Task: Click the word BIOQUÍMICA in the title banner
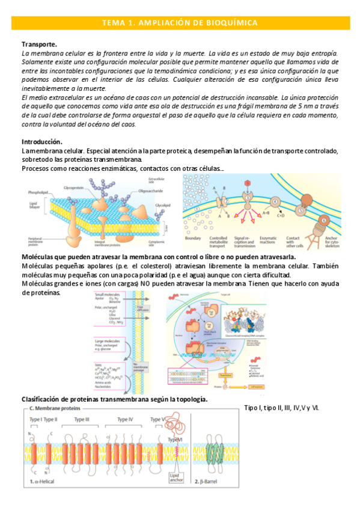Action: point(231,23)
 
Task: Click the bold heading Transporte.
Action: point(39,45)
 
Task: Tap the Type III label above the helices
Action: point(82,419)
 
